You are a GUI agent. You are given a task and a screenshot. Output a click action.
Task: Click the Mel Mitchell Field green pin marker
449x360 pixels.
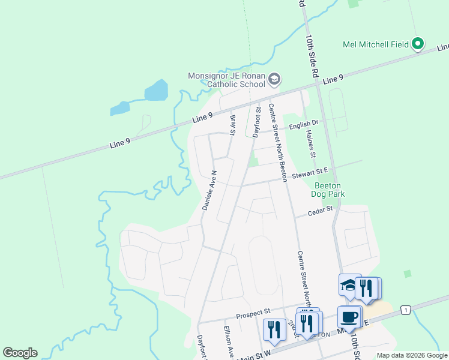pos(418,44)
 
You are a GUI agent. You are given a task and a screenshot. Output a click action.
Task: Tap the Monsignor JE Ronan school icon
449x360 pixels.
pos(274,79)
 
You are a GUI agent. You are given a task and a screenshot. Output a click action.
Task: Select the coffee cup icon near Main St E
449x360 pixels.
pos(348,316)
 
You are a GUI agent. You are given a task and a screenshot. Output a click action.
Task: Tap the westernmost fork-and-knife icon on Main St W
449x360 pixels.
pos(274,329)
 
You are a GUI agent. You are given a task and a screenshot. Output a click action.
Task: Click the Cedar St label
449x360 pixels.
pos(320,211)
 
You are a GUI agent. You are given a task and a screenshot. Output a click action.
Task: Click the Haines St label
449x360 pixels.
pos(310,144)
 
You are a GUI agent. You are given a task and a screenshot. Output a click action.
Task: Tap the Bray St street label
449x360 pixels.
pos(233,124)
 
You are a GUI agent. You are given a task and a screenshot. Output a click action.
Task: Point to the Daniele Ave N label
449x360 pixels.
pos(209,189)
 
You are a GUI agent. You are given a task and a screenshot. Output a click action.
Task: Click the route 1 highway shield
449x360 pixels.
pos(406,310)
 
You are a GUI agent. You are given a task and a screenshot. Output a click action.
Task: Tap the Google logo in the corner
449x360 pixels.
pos(20,353)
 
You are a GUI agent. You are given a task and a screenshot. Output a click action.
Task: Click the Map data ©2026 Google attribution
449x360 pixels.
pos(412,355)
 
